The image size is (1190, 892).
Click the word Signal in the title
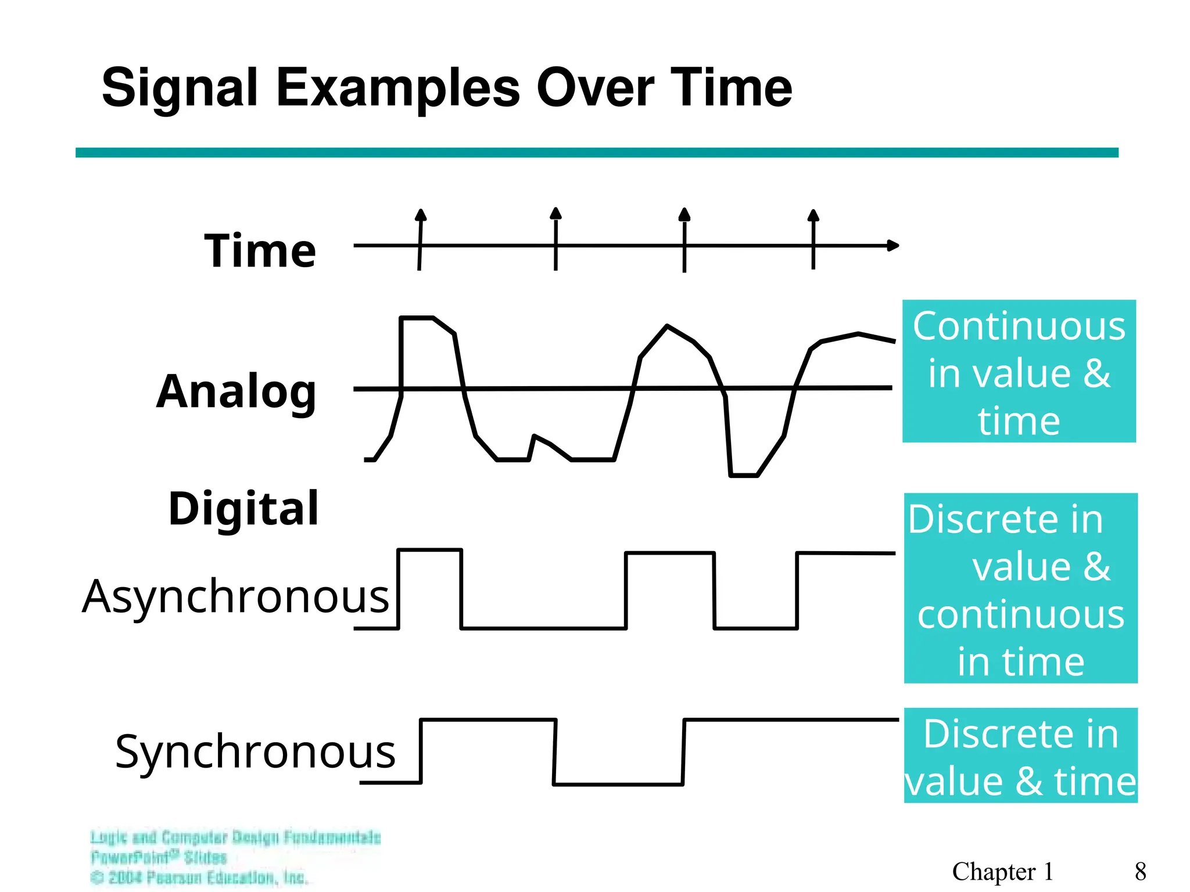(x=180, y=88)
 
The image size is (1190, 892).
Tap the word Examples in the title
(x=397, y=88)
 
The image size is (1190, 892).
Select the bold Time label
(x=260, y=251)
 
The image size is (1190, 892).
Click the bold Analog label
(x=236, y=392)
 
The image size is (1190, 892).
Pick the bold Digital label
(x=243, y=509)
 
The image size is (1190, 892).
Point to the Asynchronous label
(x=235, y=596)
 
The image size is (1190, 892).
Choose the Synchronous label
(x=255, y=751)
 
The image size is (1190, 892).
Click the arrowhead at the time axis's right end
(x=893, y=246)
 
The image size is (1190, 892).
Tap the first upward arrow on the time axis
(x=421, y=216)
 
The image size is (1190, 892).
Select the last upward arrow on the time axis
(x=813, y=216)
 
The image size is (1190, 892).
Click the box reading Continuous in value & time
(x=1019, y=372)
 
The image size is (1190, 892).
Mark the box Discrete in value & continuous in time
(x=1020, y=588)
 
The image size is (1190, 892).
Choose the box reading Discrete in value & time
(x=1020, y=756)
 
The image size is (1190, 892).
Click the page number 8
(x=1140, y=872)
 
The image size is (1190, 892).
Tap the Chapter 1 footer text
(x=1002, y=872)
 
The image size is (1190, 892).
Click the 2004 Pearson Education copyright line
(x=199, y=877)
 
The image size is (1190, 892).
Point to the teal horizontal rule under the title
(x=597, y=153)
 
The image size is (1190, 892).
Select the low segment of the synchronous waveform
(x=618, y=785)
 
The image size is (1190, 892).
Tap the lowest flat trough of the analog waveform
(x=744, y=476)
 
